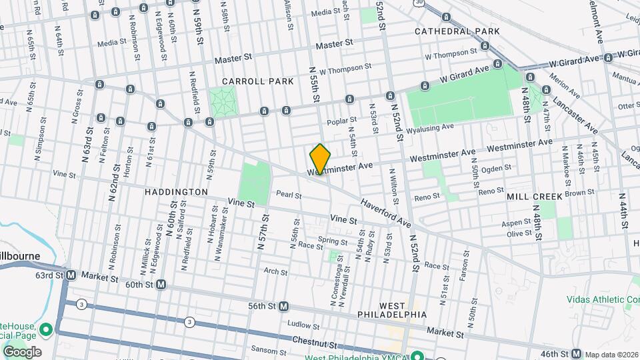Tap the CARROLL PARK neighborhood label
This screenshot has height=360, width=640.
258,81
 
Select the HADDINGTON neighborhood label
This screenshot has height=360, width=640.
176,192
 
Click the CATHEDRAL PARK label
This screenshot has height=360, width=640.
457,31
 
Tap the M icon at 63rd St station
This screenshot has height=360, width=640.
71,275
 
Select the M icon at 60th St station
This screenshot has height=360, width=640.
161,285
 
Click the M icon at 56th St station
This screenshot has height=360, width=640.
283,306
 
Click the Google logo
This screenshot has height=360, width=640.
21,352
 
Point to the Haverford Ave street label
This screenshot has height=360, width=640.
385,212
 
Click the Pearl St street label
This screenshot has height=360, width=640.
289,196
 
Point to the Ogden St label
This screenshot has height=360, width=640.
496,168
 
